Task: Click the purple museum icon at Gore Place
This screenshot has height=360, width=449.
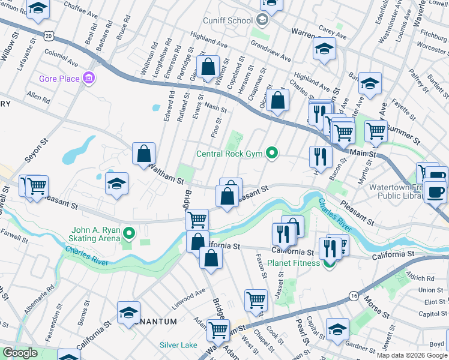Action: coord(89,78)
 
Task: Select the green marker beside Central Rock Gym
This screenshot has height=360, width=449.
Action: coord(272,154)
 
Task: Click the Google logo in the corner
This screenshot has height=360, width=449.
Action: coord(20,353)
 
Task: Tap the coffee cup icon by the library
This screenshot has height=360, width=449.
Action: coord(436,192)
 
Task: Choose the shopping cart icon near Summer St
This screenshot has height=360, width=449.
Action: coord(376,129)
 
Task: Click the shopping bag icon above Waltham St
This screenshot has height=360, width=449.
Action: coord(144,155)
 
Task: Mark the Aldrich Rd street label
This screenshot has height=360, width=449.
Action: coord(420,278)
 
